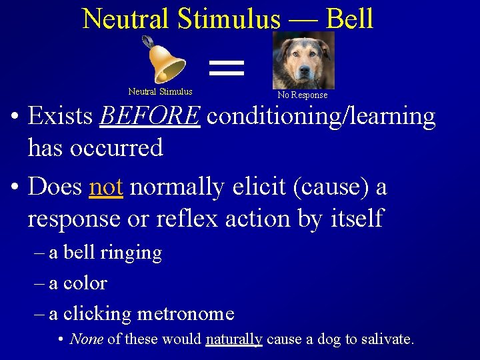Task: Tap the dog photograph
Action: (303, 60)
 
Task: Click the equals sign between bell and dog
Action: (227, 65)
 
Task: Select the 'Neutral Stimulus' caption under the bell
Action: (160, 92)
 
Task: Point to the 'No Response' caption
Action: (303, 95)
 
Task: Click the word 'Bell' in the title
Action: (350, 19)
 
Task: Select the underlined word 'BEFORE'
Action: (149, 116)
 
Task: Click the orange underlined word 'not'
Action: (106, 187)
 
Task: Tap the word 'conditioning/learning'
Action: (321, 116)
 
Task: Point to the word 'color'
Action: (85, 283)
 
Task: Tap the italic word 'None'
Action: (86, 339)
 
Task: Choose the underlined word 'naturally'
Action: (234, 339)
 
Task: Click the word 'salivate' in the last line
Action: (387, 339)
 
